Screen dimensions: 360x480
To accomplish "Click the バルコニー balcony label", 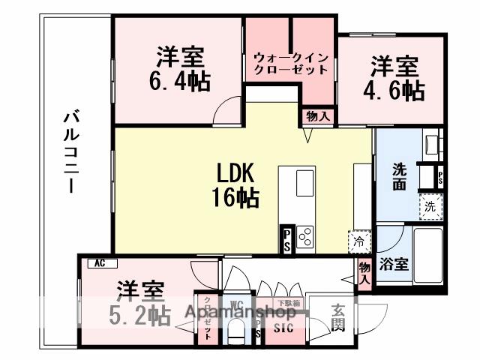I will (72, 151).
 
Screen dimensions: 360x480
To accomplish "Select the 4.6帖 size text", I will (397, 91).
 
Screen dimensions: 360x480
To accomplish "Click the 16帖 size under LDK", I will (238, 198).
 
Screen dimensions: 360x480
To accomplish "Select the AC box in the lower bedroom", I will (99, 263).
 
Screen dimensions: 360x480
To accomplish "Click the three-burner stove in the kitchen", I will (304, 236).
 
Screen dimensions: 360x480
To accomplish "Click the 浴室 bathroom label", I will (394, 265).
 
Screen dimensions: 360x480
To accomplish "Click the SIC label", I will (283, 328).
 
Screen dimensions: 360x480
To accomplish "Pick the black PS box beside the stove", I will (286, 241).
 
